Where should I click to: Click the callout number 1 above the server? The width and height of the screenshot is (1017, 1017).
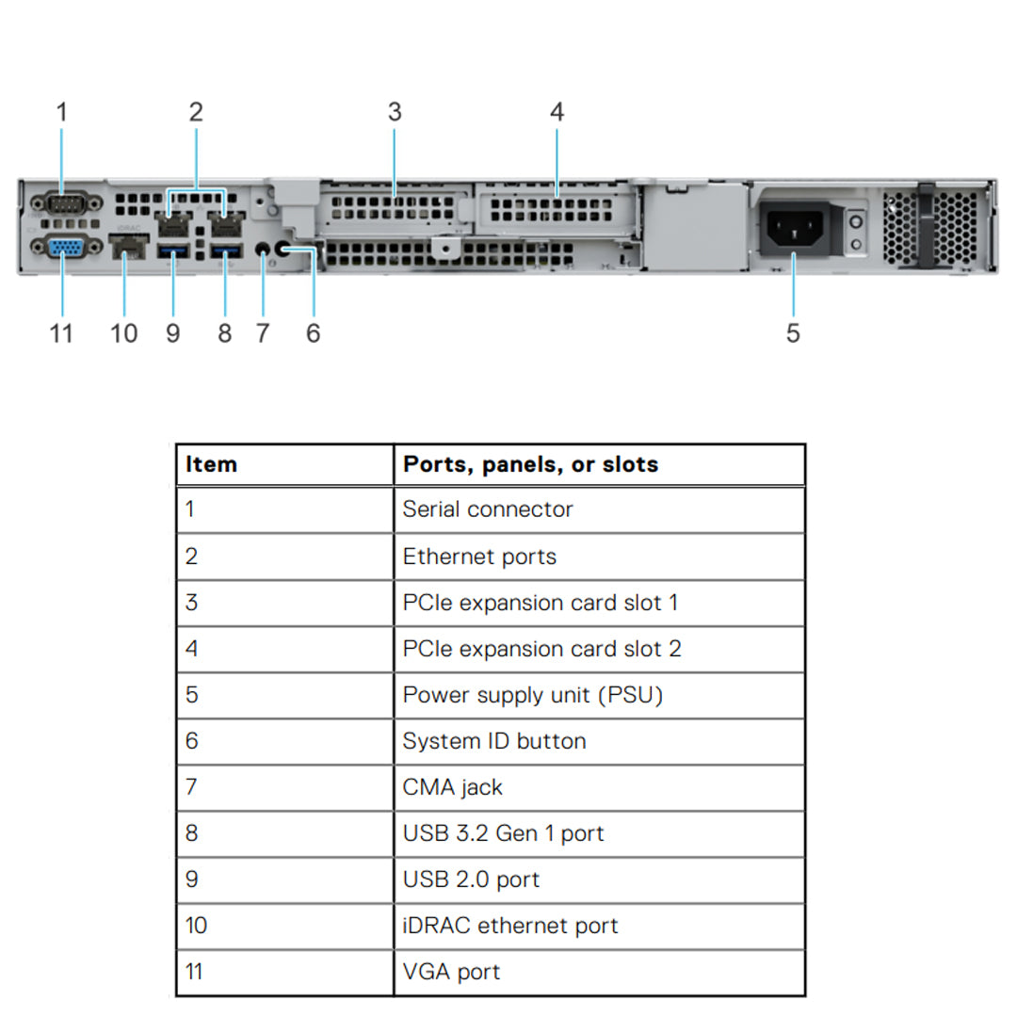tap(62, 112)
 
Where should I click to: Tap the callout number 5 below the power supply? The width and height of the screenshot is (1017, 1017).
tap(793, 332)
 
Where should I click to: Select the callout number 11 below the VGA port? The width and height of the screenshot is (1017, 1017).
tap(61, 332)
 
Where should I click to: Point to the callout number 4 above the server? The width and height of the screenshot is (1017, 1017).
tap(557, 112)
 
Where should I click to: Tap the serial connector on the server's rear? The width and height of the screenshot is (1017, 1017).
tap(63, 202)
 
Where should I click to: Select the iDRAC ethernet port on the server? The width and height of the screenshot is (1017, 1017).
tap(129, 249)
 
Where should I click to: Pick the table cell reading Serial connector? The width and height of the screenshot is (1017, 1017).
tap(488, 509)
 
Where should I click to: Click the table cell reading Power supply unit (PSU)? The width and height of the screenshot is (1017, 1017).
tap(533, 695)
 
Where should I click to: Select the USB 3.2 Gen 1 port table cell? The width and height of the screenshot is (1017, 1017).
tap(503, 833)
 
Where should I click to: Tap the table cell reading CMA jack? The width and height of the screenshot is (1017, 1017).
tap(453, 787)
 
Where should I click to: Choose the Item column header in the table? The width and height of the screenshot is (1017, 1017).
tap(212, 464)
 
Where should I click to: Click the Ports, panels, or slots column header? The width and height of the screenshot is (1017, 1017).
tap(530, 464)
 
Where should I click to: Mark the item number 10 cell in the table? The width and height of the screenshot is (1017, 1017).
tap(196, 926)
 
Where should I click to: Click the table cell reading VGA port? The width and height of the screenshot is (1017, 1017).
tap(451, 972)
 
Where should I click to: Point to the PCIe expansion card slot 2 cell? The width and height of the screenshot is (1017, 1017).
tap(541, 649)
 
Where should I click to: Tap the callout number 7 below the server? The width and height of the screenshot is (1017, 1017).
tap(263, 332)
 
